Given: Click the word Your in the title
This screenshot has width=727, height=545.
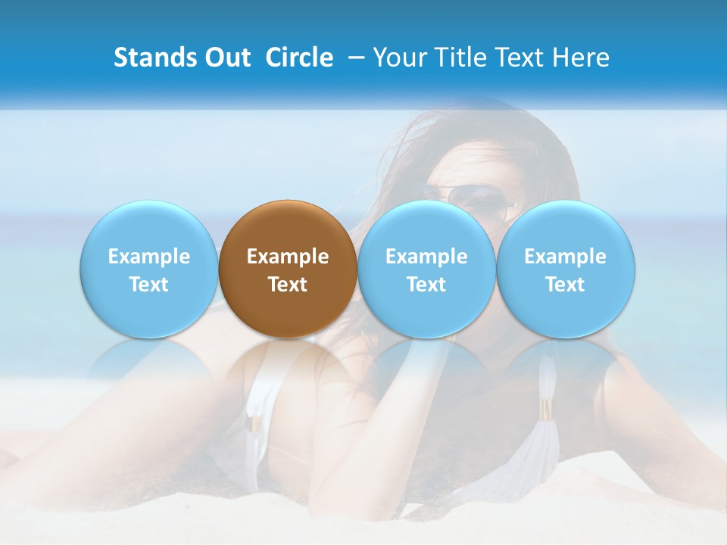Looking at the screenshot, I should [398, 58].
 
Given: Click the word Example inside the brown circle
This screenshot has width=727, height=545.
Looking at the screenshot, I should [288, 257].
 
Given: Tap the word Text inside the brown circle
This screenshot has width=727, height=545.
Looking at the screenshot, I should [288, 285].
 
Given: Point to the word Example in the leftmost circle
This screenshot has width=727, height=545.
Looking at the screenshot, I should [148, 257].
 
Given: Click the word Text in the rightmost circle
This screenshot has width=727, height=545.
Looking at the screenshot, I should [565, 285].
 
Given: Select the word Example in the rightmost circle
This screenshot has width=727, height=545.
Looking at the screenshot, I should [565, 257].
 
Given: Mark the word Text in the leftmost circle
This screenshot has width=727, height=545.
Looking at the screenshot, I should [148, 285].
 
